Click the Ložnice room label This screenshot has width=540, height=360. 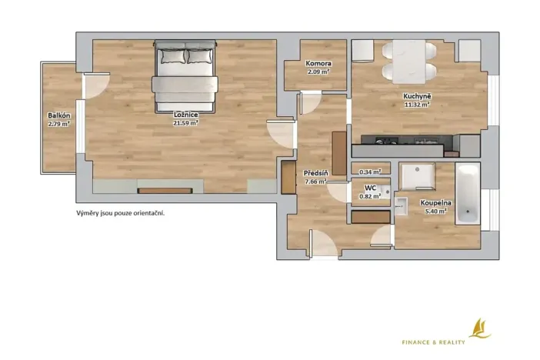[x=186, y=115]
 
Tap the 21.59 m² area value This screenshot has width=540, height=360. [x=186, y=122]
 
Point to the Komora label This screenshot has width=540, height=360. [x=318, y=64]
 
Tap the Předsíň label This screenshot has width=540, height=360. [x=315, y=174]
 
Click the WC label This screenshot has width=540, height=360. [x=369, y=188]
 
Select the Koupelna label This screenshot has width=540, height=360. [x=435, y=203]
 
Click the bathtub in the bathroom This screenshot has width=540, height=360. [x=467, y=193]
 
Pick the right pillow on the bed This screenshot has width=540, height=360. [x=200, y=55]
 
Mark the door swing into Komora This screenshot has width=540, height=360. [x=312, y=103]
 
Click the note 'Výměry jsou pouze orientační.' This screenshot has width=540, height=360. [x=120, y=213]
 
